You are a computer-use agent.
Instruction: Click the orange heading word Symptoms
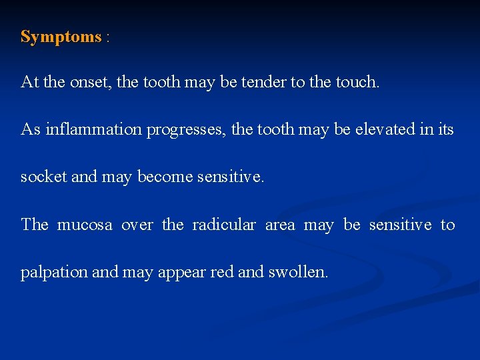[x=61, y=37]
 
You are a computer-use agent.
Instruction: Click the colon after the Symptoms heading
[x=107, y=38]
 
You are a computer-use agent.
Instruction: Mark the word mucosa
[x=84, y=225]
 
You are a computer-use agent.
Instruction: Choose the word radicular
[x=223, y=225]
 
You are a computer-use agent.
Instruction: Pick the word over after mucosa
[x=137, y=226]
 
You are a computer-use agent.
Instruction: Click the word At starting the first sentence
[x=29, y=82]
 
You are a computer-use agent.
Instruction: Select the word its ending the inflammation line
[x=444, y=129]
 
